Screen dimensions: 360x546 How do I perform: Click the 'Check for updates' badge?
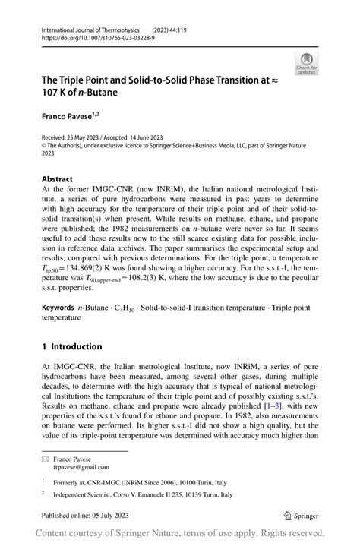(x=307, y=64)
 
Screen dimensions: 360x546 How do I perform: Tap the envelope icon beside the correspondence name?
(x=46, y=458)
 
